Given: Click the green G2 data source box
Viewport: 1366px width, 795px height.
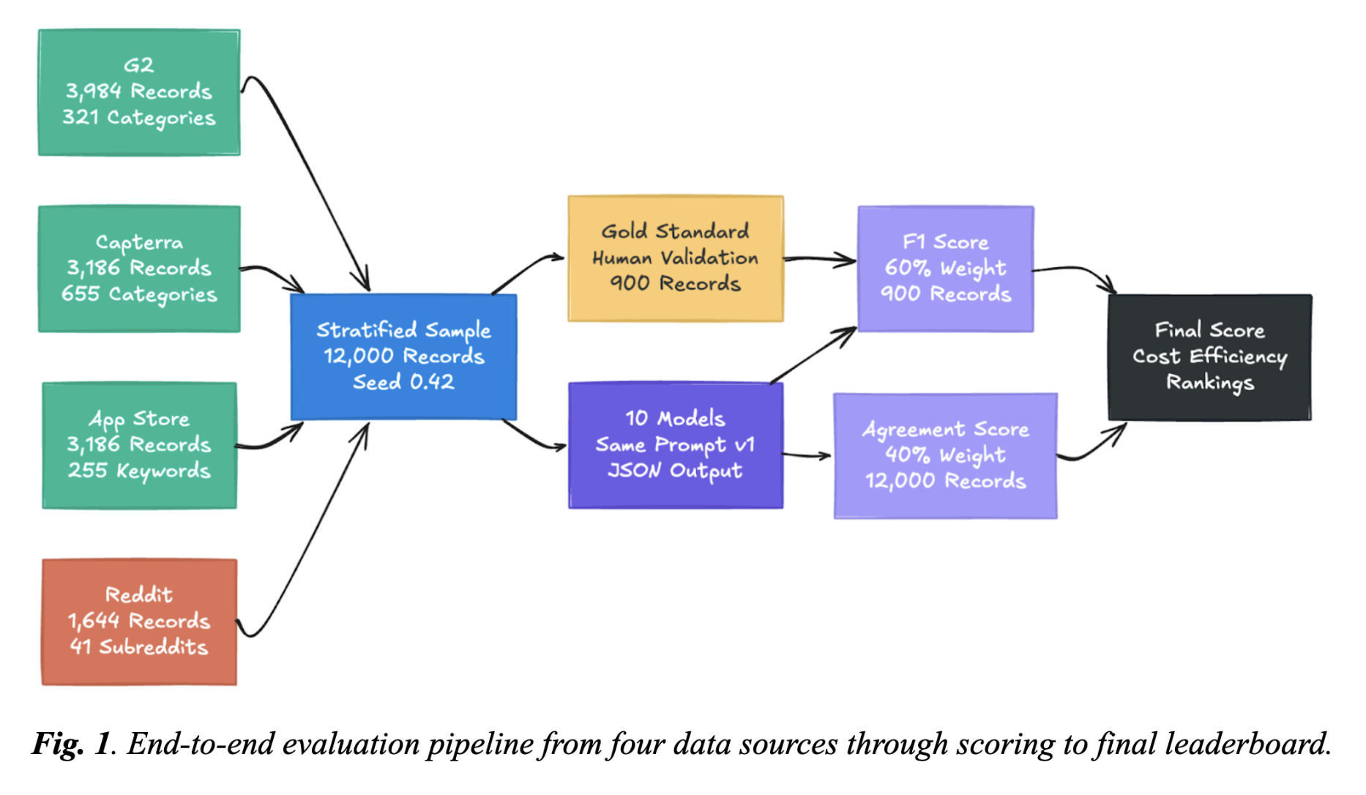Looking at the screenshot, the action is [139, 92].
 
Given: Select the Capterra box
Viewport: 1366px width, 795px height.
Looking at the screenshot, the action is [139, 269].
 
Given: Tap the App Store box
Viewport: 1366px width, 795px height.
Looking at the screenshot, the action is [139, 445].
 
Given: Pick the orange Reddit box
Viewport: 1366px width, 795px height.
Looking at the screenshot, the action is [139, 622].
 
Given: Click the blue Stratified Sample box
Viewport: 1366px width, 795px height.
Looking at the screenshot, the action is [403, 357].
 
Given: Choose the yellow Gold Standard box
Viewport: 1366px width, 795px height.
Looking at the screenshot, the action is [676, 258].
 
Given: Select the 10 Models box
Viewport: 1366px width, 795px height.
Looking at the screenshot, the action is [676, 445].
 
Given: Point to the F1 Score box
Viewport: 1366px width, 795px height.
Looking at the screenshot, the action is [946, 269].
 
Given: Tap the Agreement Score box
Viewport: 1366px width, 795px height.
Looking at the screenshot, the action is [946, 455].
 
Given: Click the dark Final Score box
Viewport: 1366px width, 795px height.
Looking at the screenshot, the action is [1210, 357].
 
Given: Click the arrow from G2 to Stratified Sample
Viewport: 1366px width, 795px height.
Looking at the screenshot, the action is [307, 176].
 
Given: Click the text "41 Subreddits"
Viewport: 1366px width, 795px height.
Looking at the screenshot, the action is [139, 647].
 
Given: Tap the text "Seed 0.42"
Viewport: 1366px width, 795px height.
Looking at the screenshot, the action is [403, 382].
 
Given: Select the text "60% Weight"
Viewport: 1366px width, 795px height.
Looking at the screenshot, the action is [946, 269].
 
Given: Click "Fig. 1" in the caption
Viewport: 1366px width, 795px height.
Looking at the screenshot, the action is [70, 744].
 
